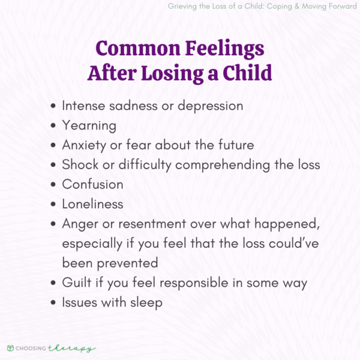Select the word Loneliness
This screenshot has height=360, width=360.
tap(92, 205)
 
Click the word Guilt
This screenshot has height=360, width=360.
tap(77, 283)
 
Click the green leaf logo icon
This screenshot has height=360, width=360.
tap(10, 347)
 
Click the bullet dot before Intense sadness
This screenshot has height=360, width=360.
tap(54, 106)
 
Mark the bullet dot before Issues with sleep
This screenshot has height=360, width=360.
tap(54, 303)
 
